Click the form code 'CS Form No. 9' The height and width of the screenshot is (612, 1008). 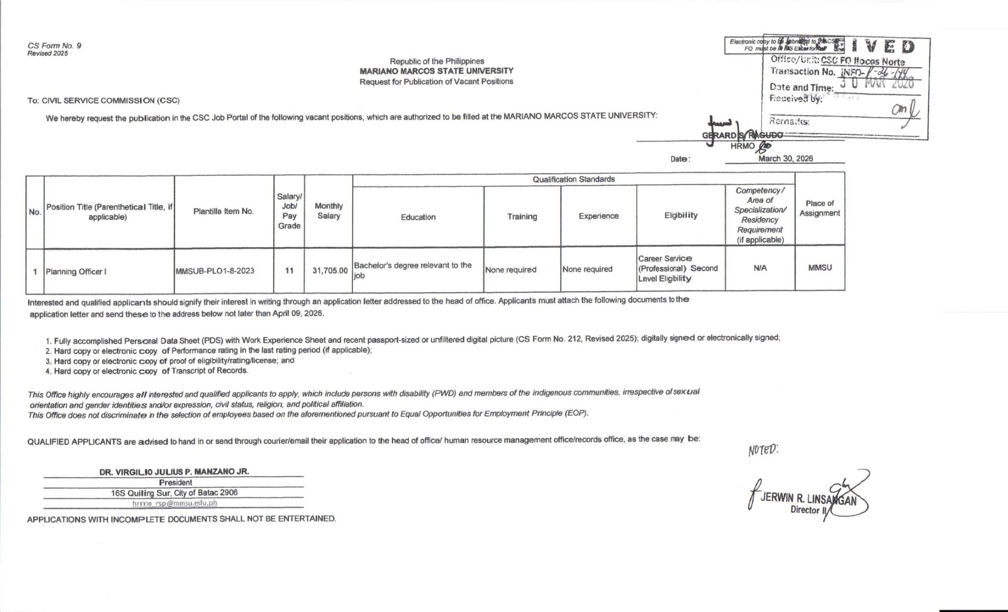coord(54,46)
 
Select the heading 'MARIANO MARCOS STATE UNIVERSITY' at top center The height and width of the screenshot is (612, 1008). coord(436,71)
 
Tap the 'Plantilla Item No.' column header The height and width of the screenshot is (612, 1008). coord(223,212)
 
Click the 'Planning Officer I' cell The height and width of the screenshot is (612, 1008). coord(76,271)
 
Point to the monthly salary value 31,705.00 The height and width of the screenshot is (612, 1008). coord(330,271)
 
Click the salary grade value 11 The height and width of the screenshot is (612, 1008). coord(289,271)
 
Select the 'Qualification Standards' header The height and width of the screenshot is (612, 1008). coord(573,180)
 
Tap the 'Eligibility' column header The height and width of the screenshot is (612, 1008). coord(680,215)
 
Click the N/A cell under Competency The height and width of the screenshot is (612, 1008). coord(760,268)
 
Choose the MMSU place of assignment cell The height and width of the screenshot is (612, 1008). coord(820,268)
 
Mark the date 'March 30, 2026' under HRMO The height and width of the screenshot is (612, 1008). coord(785,159)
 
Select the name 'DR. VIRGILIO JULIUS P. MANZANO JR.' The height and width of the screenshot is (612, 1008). coord(174,471)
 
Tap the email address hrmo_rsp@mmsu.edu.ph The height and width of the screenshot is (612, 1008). coord(174,503)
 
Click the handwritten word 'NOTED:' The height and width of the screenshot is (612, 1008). coord(763,450)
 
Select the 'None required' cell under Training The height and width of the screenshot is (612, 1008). coord(511,270)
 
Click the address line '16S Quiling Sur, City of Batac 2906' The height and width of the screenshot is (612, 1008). coord(174,493)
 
